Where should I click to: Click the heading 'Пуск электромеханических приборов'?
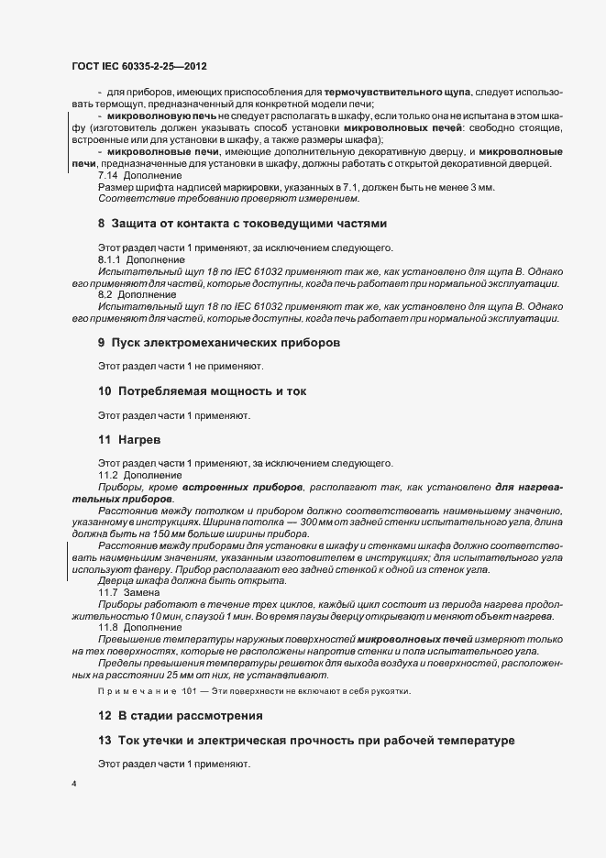pyautogui.click(x=226, y=342)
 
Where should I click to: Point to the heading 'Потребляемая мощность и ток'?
pyautogui.click(x=208, y=391)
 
